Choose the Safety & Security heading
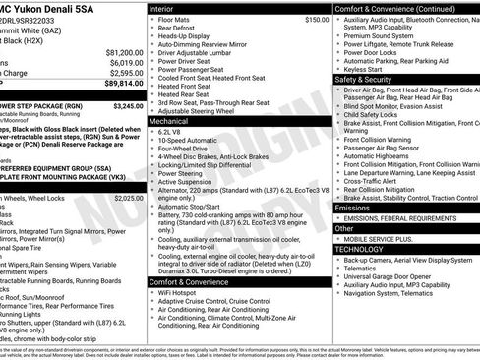click(364, 79)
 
